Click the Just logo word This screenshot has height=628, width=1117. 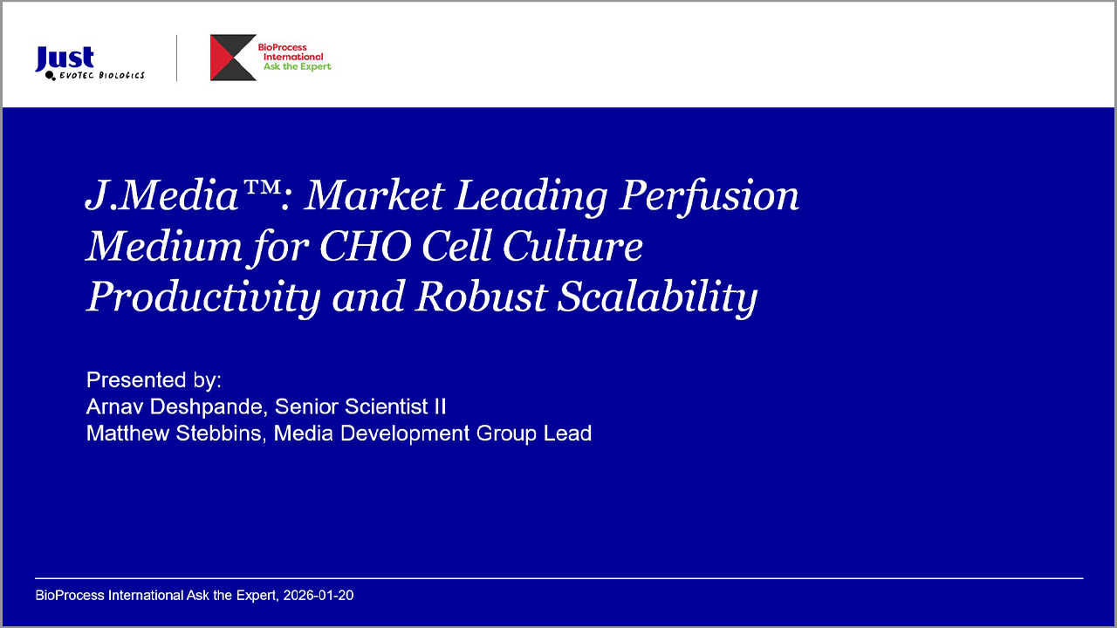[65, 58]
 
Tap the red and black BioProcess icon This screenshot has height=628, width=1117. [233, 58]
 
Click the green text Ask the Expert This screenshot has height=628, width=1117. [298, 67]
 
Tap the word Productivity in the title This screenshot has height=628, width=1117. [203, 298]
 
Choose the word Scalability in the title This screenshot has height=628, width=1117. [657, 298]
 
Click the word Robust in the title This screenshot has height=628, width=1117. [482, 297]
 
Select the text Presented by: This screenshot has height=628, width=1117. [154, 380]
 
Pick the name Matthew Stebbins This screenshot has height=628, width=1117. [174, 433]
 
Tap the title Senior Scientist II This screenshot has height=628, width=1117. [360, 406]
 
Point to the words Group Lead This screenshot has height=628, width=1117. [534, 433]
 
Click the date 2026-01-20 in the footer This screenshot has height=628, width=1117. [319, 595]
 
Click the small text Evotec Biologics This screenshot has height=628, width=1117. [102, 75]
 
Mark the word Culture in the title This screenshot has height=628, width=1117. [572, 246]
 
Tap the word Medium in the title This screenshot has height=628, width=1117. [164, 246]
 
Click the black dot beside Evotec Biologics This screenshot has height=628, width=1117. [50, 75]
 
